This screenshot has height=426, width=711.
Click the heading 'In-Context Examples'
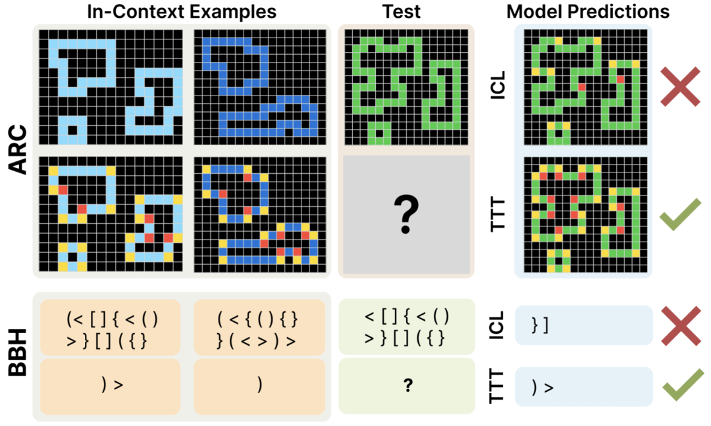click(182, 12)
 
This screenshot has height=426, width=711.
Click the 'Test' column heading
click(402, 12)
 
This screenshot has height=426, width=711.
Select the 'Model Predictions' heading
click(588, 12)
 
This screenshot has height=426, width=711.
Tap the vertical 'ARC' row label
click(18, 150)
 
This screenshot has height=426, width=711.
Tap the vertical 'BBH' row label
click(18, 352)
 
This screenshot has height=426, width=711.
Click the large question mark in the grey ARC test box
click(406, 214)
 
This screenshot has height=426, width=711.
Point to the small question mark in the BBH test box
click(408, 386)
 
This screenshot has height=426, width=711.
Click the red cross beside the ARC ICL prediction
click(680, 87)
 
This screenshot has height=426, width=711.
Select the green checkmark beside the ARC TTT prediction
click(680, 214)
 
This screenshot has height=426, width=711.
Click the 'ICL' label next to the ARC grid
click(498, 86)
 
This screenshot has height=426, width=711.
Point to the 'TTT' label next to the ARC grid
click(498, 214)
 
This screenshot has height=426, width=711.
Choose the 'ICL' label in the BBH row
click(498, 325)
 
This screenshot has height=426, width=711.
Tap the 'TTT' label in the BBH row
click(498, 386)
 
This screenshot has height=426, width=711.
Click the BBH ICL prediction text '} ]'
click(540, 325)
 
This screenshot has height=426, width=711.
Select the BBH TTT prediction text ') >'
click(542, 387)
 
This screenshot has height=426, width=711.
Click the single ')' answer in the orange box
click(259, 385)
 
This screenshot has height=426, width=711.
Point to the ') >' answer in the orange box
click(112, 385)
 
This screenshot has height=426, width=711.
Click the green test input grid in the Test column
click(406, 87)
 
